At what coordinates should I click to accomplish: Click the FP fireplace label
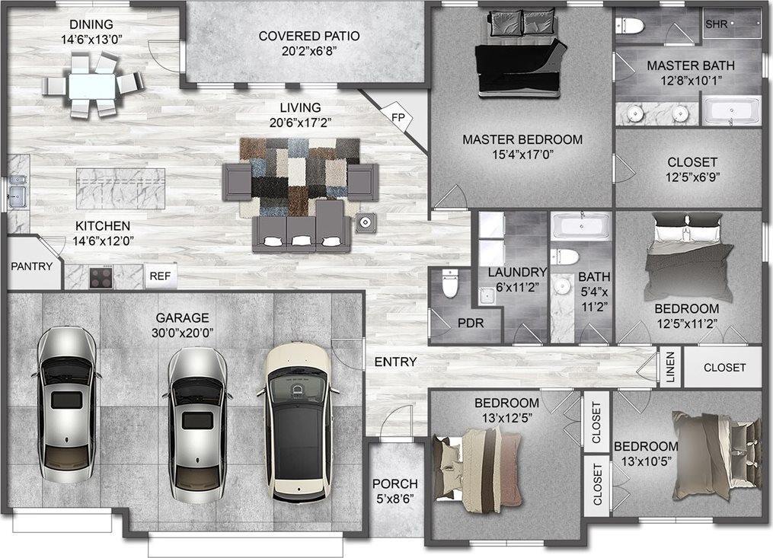[398, 117]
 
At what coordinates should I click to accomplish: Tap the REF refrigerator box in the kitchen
[160, 276]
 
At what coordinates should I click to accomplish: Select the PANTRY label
[31, 266]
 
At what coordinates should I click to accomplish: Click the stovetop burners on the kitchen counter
[101, 276]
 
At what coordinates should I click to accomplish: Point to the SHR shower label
[717, 24]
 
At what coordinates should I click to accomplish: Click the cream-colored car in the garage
[298, 422]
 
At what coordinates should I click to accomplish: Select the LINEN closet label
[670, 367]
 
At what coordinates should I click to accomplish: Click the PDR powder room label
[471, 324]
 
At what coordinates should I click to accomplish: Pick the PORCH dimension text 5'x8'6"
[395, 499]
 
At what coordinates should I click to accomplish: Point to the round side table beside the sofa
[366, 223]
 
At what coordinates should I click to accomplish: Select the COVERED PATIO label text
[309, 36]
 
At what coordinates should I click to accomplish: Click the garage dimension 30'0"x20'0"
[183, 333]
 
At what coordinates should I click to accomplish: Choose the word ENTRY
[395, 362]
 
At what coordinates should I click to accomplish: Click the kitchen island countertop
[120, 188]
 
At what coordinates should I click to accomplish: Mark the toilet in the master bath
[630, 26]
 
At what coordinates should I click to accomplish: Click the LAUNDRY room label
[517, 272]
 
